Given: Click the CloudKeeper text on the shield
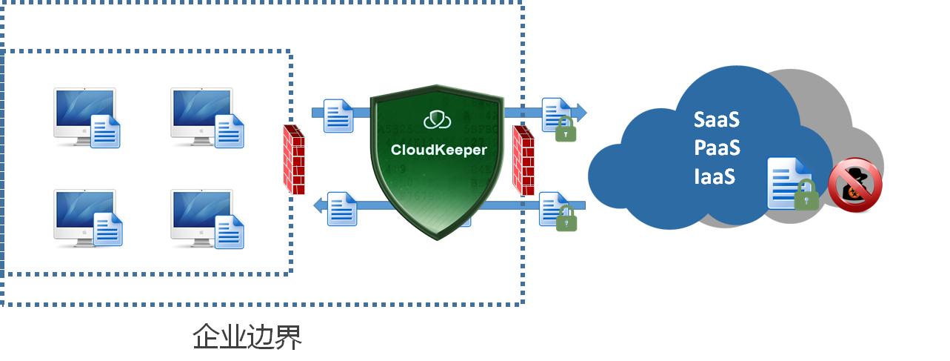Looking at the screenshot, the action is pyautogui.click(x=438, y=150).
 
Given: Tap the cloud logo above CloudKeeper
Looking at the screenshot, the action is pyautogui.click(x=438, y=120).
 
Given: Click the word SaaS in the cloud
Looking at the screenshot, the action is pyautogui.click(x=716, y=119).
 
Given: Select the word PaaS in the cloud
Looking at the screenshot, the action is pyautogui.click(x=717, y=148).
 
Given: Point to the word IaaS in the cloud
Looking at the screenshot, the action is pyautogui.click(x=715, y=176).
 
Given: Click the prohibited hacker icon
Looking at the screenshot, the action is pyautogui.click(x=855, y=185).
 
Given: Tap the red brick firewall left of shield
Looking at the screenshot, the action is pyautogui.click(x=294, y=159).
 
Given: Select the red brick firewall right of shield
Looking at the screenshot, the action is pyautogui.click(x=523, y=160).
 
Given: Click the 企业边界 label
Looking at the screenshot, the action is pyautogui.click(x=247, y=337).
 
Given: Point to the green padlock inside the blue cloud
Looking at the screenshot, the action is pyautogui.click(x=806, y=195).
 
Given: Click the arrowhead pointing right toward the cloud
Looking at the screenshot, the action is pyautogui.click(x=579, y=113).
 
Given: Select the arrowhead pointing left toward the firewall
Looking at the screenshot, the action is pyautogui.click(x=320, y=205).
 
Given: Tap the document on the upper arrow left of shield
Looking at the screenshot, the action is pyautogui.click(x=338, y=116).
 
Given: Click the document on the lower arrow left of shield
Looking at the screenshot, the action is pyautogui.click(x=342, y=209).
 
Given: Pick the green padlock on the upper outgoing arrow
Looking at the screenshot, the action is pyautogui.click(x=566, y=129).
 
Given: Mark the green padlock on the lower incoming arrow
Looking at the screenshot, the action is pyautogui.click(x=566, y=218).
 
